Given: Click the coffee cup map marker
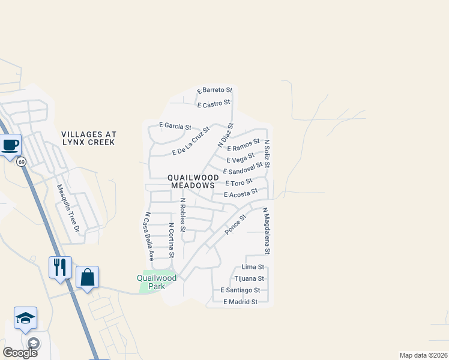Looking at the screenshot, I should click(10, 145).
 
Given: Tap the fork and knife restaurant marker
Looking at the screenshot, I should click(60, 266).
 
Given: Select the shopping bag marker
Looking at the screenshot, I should click(87, 277).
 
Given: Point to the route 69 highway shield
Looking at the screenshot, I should click(22, 161).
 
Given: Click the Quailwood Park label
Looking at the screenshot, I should click(157, 282).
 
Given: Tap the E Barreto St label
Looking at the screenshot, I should click(214, 90).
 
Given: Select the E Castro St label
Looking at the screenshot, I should click(214, 104).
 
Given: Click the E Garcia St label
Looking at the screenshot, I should click(175, 127).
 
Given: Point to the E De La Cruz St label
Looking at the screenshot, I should click(191, 141).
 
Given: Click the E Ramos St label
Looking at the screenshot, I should click(243, 145).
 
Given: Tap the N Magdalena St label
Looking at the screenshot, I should click(267, 234).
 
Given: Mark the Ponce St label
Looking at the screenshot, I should click(235, 224).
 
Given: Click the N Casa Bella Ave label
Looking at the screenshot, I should click(148, 236).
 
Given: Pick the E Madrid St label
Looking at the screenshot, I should click(240, 302).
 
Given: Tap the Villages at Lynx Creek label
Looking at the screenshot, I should click(89, 138).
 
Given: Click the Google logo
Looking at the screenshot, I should click(20, 352).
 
